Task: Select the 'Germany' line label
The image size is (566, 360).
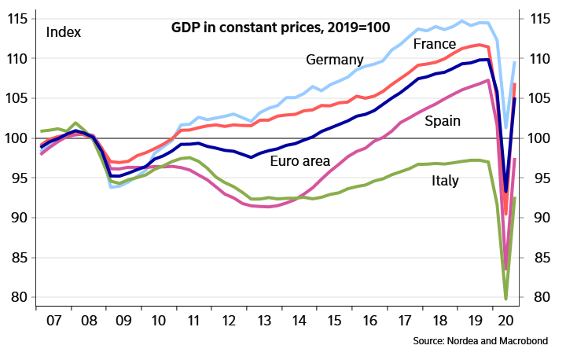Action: (x=335, y=61)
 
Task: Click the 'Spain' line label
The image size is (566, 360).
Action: (x=443, y=121)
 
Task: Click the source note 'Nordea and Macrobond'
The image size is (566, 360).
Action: (x=480, y=341)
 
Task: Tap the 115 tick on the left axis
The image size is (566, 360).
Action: (x=18, y=19)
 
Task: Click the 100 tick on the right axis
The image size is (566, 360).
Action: (x=545, y=138)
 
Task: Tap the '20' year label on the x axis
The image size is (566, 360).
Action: (x=507, y=321)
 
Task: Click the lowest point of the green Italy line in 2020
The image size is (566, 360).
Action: (x=505, y=299)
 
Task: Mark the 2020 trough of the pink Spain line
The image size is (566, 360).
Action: (x=505, y=268)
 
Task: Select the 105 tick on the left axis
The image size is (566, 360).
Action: (x=18, y=98)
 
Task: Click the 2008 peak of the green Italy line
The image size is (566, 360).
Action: (x=75, y=123)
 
